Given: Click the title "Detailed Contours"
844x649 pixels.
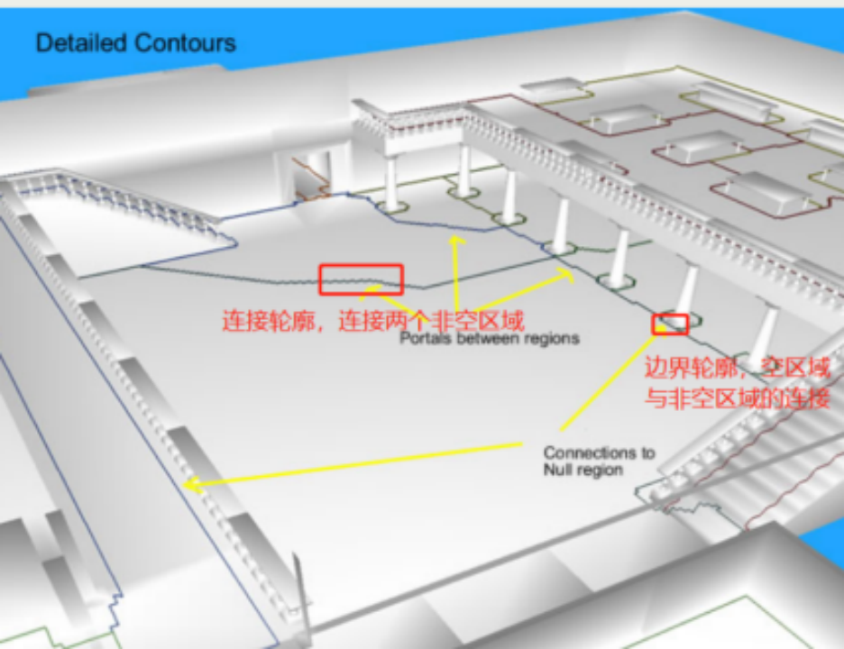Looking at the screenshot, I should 135,42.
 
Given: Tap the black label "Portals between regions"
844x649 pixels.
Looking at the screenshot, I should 489,339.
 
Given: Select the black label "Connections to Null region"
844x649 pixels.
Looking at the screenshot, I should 599,462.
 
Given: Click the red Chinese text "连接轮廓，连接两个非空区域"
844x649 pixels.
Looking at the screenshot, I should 373,320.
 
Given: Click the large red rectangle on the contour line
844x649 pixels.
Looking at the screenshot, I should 361,279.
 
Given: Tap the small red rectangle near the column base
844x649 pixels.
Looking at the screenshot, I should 671,323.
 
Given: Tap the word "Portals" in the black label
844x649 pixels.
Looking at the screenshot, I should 420,339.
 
